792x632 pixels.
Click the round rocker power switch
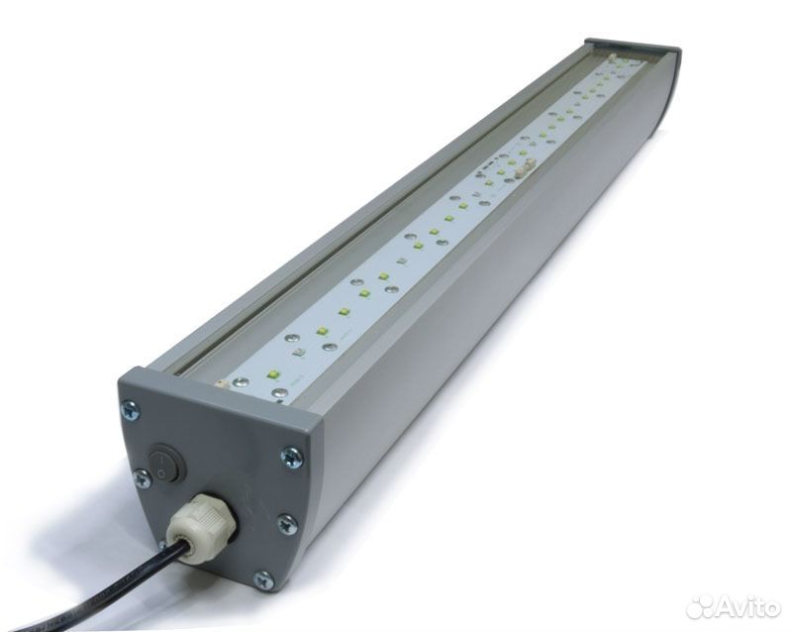coord(165,463)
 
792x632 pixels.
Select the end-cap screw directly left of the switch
coord(144,477)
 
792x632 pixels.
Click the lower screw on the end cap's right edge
coord(287,524)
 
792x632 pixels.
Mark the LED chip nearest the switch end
coord(274,375)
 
